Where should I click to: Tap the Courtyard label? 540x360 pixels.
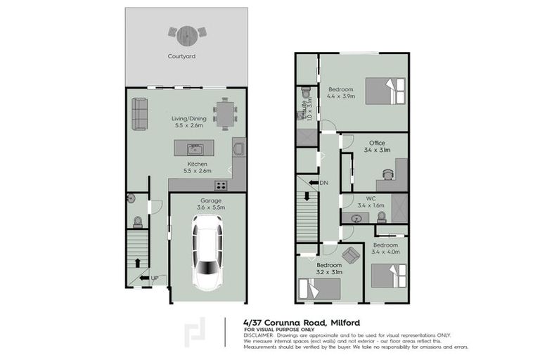click(181, 56)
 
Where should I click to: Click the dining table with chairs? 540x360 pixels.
click(225, 113)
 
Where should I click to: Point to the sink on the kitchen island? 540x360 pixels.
click(195, 149)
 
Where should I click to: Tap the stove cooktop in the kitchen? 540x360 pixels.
click(220, 186)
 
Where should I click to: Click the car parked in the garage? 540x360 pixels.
click(208, 252)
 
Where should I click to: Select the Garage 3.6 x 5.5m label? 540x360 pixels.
click(209, 204)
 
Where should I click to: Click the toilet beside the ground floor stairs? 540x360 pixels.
click(138, 221)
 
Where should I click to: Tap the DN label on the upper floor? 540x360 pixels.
click(323, 184)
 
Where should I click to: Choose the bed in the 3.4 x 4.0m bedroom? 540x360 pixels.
click(389, 275)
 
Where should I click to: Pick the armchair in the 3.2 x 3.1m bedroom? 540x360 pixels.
click(350, 255)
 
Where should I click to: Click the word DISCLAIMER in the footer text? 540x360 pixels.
click(260, 335)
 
